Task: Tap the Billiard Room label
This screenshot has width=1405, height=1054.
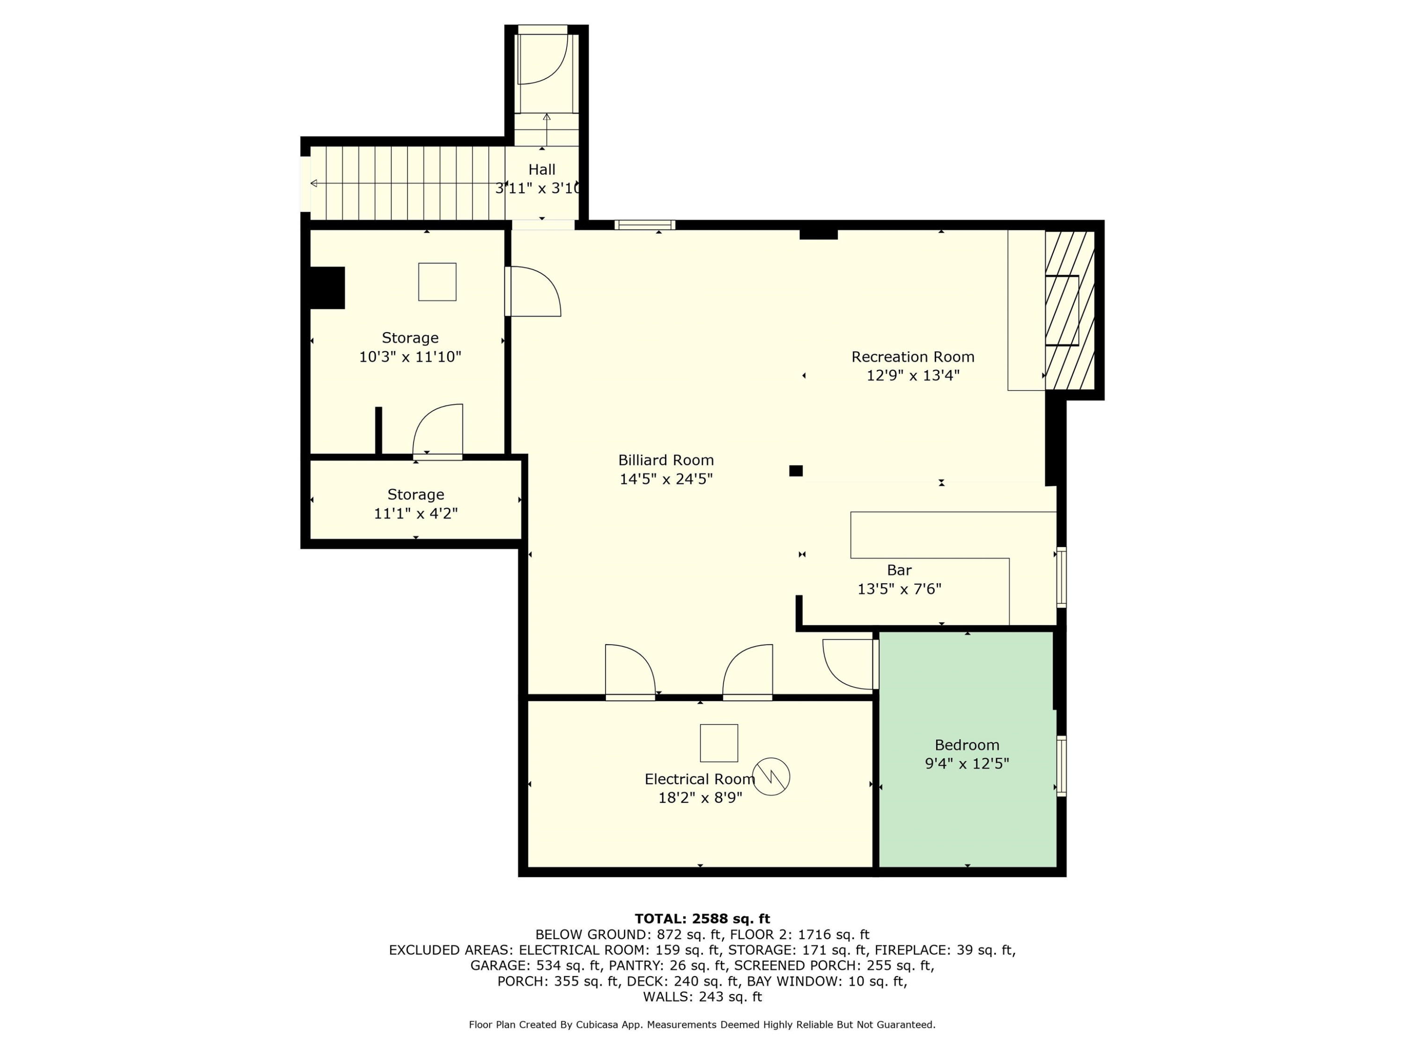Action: [666, 460]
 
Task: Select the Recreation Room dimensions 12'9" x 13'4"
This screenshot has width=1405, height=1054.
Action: [913, 376]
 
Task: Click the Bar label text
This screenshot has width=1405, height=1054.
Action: [899, 570]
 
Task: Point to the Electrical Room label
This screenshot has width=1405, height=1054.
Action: [699, 779]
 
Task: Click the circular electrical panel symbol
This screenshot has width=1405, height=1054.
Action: [771, 776]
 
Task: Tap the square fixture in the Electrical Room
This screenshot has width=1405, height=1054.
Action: [719, 742]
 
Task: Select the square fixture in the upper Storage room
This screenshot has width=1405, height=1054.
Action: [437, 282]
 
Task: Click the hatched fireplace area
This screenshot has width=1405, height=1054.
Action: [1070, 310]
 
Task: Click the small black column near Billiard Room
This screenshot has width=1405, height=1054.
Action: [796, 471]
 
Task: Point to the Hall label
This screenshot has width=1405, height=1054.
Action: [542, 170]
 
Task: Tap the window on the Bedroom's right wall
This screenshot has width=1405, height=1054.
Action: [1061, 765]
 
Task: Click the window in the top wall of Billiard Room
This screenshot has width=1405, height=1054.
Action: [645, 225]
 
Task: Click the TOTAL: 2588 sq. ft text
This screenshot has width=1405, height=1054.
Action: [702, 919]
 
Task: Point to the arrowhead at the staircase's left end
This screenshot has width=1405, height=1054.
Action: [313, 184]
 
